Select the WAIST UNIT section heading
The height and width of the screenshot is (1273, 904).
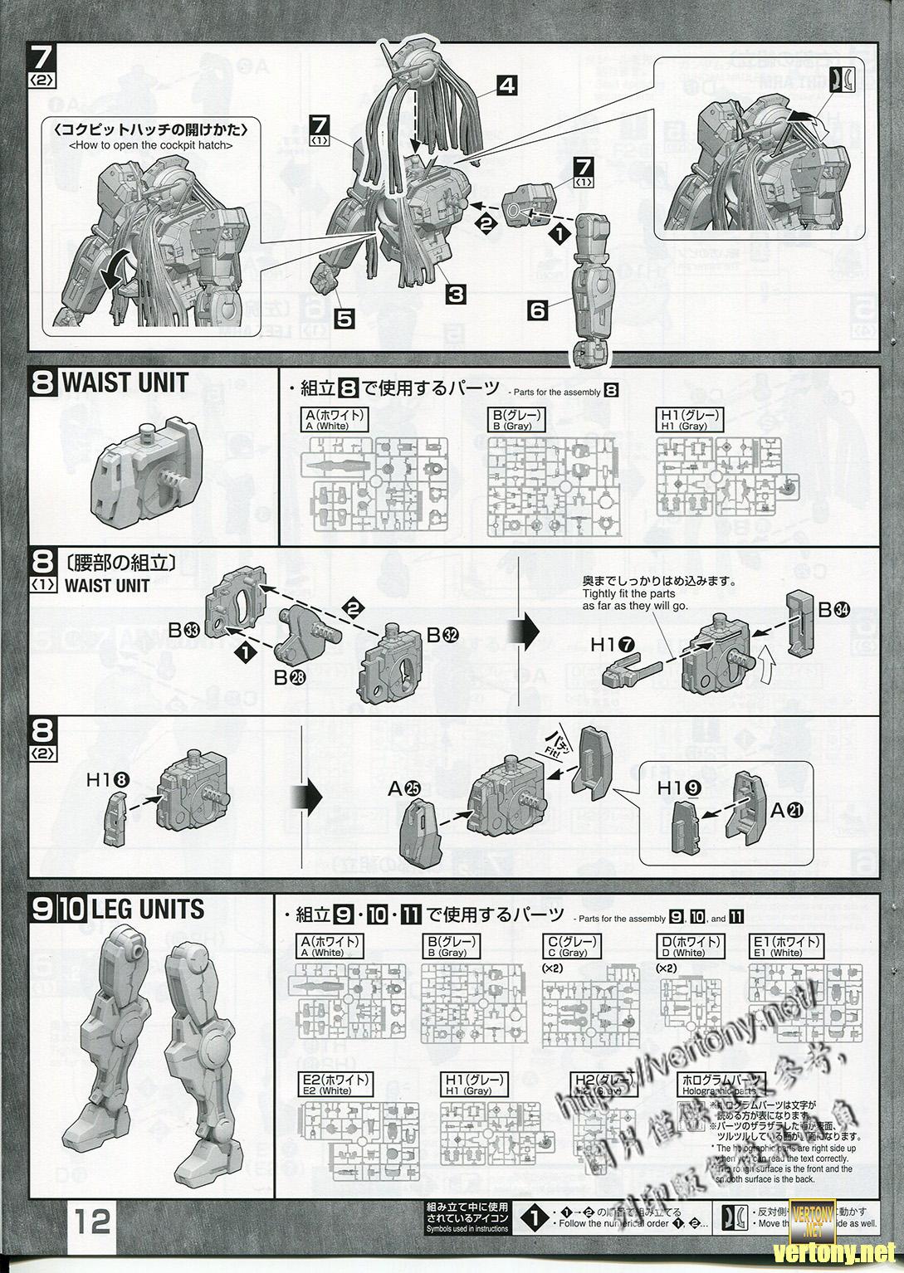click(125, 383)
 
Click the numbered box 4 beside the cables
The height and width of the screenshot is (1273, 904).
click(508, 85)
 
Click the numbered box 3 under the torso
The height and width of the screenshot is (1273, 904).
click(455, 293)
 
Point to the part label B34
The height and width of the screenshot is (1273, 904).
click(834, 610)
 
